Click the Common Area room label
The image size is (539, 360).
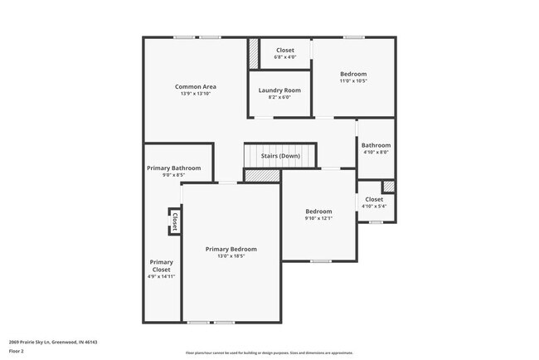pyautogui.click(x=196, y=86)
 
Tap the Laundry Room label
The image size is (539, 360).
pyautogui.click(x=279, y=90)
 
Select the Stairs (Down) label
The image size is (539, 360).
pyautogui.click(x=280, y=155)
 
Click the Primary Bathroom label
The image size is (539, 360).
pyautogui.click(x=174, y=168)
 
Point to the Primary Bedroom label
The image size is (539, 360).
pyautogui.click(x=231, y=249)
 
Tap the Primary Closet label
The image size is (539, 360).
pyautogui.click(x=161, y=265)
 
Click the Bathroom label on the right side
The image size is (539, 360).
pyautogui.click(x=376, y=145)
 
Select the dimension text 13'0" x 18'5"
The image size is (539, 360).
pyautogui.click(x=231, y=256)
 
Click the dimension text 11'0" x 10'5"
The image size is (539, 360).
pyautogui.click(x=354, y=80)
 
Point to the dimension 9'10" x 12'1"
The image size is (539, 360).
pyautogui.click(x=318, y=218)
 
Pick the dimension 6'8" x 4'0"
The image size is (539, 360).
pyautogui.click(x=284, y=57)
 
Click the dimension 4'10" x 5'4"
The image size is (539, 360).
pyautogui.click(x=374, y=207)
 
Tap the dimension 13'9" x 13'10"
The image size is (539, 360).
pyautogui.click(x=196, y=94)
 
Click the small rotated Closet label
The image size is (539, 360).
pyautogui.click(x=175, y=221)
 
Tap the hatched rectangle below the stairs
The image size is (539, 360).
pyautogui.click(x=262, y=176)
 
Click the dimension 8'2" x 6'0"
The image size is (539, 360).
pyautogui.click(x=279, y=97)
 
